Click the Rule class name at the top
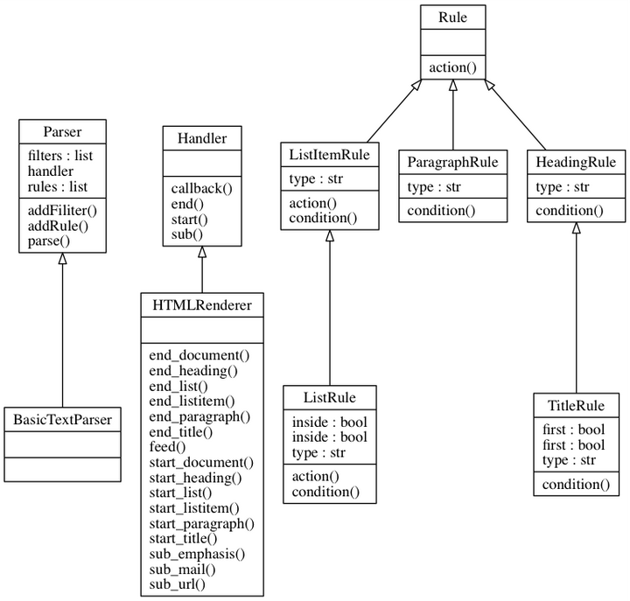coord(452,17)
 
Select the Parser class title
coord(62,131)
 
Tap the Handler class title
coord(201,138)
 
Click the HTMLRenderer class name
coord(201,305)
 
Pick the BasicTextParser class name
coord(62,419)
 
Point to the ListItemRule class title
coord(330,155)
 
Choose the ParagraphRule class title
coord(452,162)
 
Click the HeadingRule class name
coord(576,162)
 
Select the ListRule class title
coord(330,397)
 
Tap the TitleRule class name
coord(576,406)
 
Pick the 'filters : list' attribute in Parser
coord(60,156)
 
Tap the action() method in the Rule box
coord(452,66)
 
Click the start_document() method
coord(201,462)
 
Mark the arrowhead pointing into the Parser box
coord(62,260)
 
